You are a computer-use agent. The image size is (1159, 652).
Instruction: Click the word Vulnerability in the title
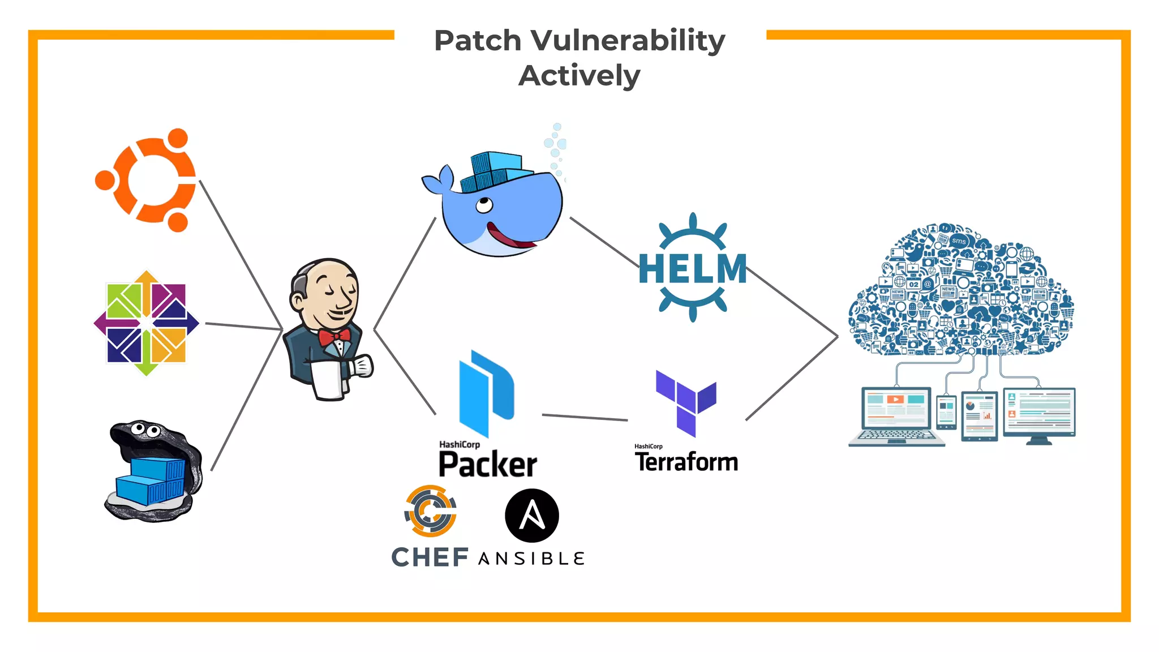pos(628,41)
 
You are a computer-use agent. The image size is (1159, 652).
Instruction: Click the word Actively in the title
pos(579,76)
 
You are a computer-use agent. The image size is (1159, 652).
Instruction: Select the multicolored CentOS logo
pos(147,323)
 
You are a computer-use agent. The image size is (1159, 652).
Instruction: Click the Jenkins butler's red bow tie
pos(334,338)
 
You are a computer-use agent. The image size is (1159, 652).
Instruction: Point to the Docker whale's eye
pos(484,204)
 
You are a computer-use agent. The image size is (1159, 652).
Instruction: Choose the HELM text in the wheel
pos(692,268)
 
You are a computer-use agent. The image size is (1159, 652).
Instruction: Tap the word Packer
pos(488,465)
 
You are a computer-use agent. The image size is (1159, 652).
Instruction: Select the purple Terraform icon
pos(686,402)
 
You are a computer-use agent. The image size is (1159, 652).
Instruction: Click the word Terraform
pos(686,462)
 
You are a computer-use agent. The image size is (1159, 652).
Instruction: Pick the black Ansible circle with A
pos(531,516)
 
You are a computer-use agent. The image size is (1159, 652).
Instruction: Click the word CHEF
pos(430,557)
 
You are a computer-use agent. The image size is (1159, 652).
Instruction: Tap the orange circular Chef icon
pos(431,511)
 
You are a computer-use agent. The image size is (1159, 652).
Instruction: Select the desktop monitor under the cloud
pos(1039,413)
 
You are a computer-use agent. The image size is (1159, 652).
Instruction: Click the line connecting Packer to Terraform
pos(584,418)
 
